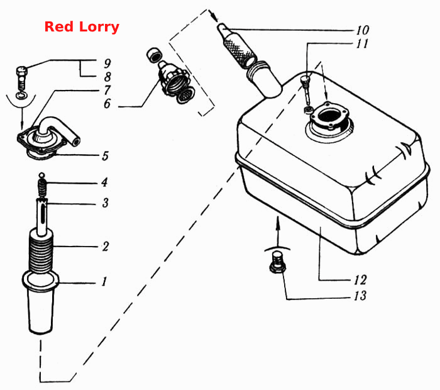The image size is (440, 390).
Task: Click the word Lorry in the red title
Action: coord(99,28)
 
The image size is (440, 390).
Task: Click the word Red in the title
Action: coord(59,27)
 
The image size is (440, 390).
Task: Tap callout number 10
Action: coord(362,30)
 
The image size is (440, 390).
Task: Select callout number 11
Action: coord(362,43)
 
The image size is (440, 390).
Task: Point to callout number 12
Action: coord(360,280)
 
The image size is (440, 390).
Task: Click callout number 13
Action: coord(360,296)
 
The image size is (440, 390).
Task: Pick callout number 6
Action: coord(107,104)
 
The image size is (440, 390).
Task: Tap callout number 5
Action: coord(105,156)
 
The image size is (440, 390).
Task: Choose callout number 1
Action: coord(104,281)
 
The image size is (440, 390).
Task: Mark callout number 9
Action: coord(107,63)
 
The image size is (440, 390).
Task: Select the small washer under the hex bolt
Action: coord(22,95)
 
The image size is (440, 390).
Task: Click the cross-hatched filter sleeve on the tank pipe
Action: coord(240,50)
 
